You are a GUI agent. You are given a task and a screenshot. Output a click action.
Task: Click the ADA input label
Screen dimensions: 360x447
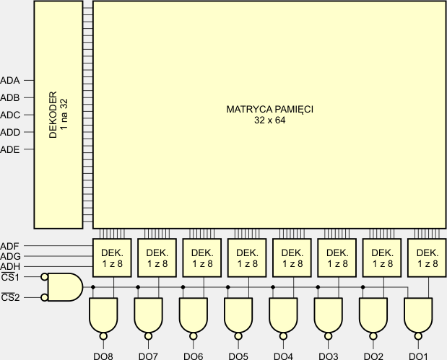point(11,80)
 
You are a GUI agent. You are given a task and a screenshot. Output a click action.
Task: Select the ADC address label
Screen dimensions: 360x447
point(11,115)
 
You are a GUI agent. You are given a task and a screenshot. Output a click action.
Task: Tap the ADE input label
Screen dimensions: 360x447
point(11,149)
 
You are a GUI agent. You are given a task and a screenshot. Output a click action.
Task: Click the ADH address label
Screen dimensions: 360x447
point(11,267)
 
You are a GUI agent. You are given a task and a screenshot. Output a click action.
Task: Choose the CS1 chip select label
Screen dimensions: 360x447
point(10,278)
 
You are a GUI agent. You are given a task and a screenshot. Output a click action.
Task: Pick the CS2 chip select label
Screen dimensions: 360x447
point(10,297)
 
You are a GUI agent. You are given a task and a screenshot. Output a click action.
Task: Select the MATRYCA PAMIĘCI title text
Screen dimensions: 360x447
point(269,110)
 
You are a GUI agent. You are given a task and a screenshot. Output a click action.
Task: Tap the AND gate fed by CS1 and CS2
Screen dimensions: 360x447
point(63,287)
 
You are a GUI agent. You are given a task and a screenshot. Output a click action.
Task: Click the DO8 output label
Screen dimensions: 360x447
point(103,356)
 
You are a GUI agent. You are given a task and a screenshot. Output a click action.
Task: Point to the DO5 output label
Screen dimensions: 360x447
point(238,356)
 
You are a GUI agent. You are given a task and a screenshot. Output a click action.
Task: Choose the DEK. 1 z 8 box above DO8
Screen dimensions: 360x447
point(111,257)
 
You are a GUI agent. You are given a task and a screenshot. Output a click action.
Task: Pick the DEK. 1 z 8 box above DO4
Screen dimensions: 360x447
point(292,257)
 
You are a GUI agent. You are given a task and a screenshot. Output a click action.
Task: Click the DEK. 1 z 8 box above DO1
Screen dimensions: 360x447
point(427,257)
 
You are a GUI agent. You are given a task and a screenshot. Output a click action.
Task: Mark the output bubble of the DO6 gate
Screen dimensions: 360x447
point(194,336)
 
